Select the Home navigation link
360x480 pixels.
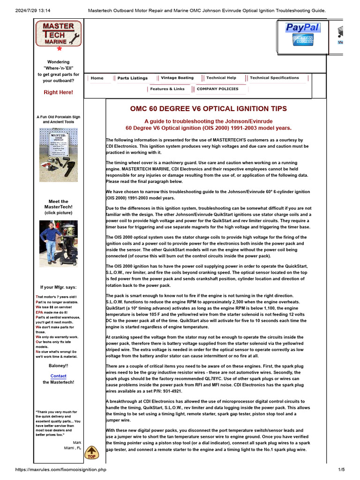tap(97, 78)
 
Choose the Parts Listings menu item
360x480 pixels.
tap(132, 78)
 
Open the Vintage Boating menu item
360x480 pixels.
tap(177, 78)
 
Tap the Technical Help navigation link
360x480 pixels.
tap(221, 78)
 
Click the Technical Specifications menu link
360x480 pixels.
tap(274, 78)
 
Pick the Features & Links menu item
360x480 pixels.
tap(167, 89)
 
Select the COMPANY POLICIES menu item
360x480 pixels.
tap(217, 89)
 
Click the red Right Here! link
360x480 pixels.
tap(58, 92)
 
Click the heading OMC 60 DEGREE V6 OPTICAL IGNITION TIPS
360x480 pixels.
tap(208, 109)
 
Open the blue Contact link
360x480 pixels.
tap(58, 376)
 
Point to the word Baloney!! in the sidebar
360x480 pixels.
tap(58, 365)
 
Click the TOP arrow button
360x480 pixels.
tap(91, 453)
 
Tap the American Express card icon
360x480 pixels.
tap(303, 40)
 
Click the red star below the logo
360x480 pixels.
tap(59, 48)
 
